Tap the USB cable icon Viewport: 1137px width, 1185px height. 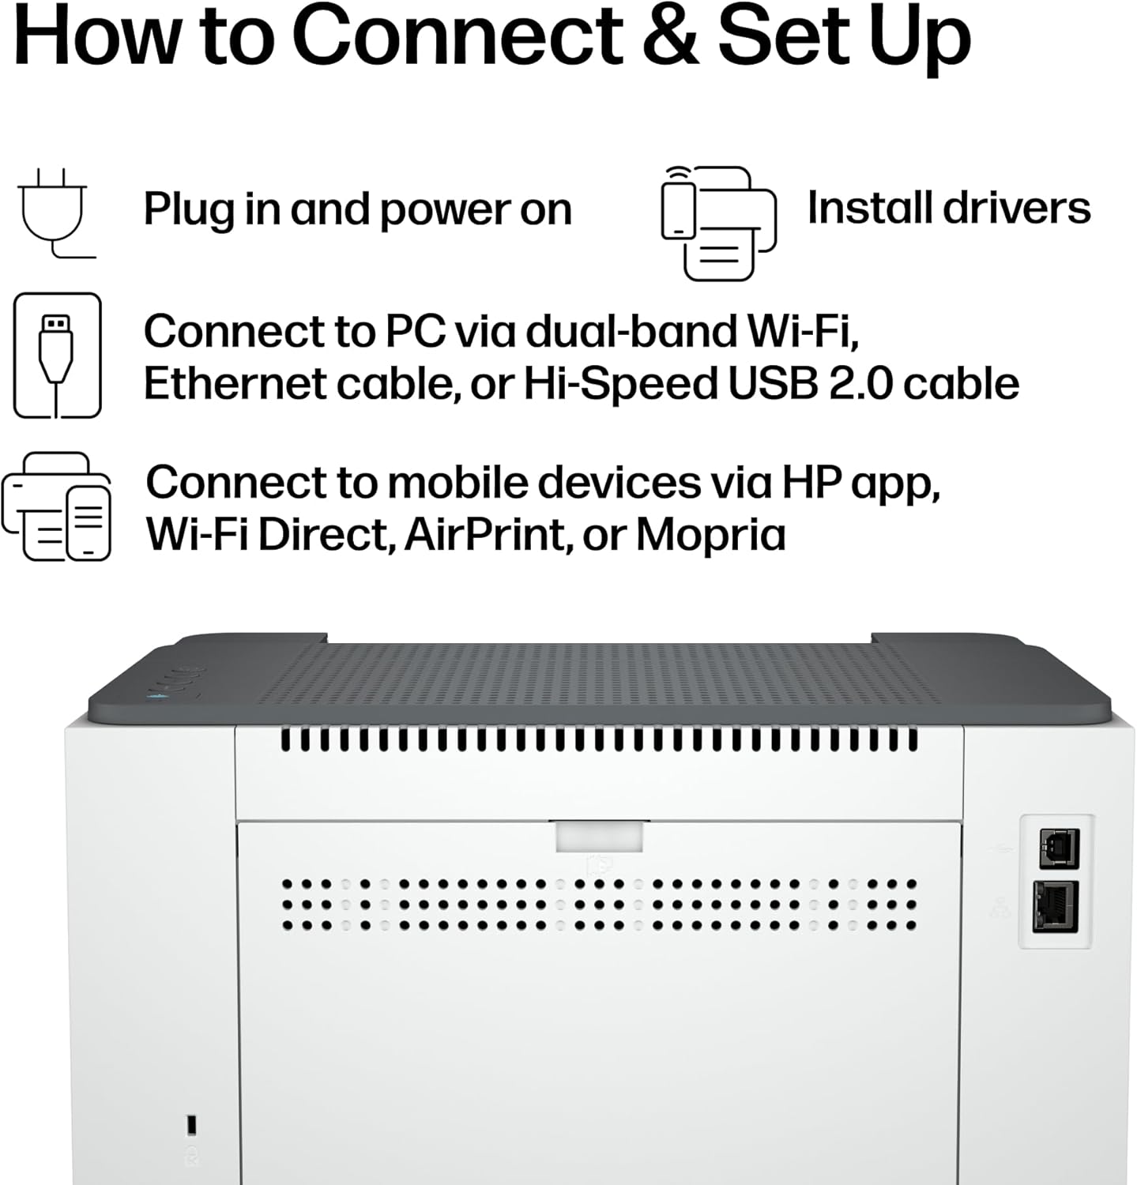coord(57,355)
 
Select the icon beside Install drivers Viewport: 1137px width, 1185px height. coord(718,223)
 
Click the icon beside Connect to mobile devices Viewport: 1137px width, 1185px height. coord(56,506)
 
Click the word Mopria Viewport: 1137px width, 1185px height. coord(710,535)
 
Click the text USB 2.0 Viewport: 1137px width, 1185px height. coord(810,384)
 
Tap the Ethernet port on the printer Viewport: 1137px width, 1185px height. coord(1056,906)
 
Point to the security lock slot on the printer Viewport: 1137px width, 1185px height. coord(191,1123)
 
